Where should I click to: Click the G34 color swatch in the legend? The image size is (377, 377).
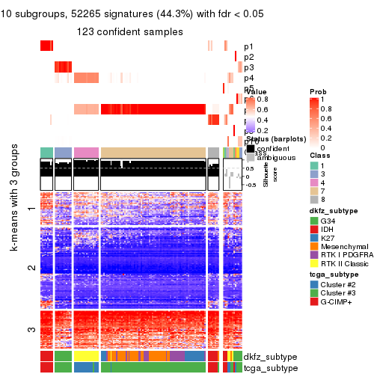click(313, 221)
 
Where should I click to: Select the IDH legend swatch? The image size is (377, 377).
click(313, 232)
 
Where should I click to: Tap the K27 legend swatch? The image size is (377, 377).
click(313, 242)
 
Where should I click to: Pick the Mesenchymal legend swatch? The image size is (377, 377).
click(313, 253)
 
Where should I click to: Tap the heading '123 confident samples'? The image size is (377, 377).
click(130, 32)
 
